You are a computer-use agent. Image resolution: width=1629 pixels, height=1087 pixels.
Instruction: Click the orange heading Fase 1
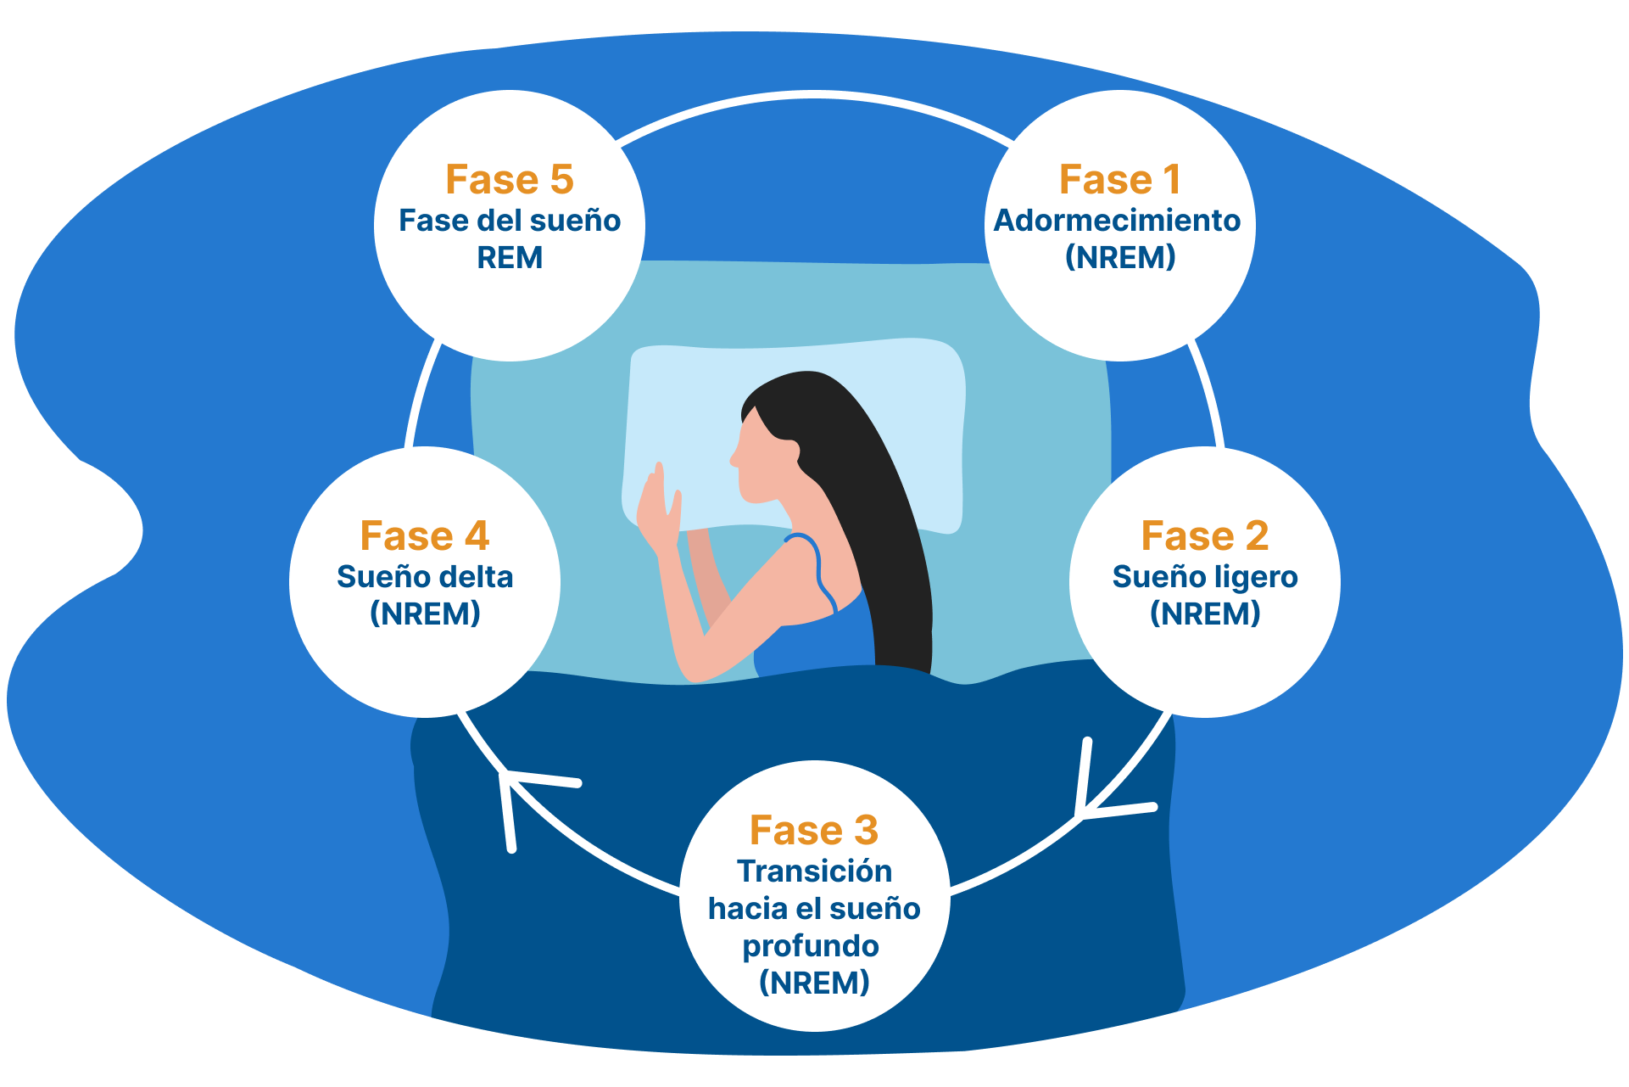pyautogui.click(x=1119, y=180)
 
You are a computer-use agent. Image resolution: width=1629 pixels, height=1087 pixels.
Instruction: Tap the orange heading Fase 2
pyautogui.click(x=1204, y=536)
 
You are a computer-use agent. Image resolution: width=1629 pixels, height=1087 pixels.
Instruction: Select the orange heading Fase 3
pyautogui.click(x=814, y=831)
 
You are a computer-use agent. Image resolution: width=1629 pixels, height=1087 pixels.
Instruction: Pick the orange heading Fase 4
pyautogui.click(x=425, y=536)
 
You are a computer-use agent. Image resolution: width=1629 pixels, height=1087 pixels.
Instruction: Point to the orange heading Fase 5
pyautogui.click(x=510, y=180)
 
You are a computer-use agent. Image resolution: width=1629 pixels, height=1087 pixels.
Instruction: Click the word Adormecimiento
pyautogui.click(x=1117, y=221)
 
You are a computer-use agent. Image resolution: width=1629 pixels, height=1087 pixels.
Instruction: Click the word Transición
pyautogui.click(x=814, y=871)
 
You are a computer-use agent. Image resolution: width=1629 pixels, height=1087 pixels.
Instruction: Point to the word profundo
pyautogui.click(x=811, y=947)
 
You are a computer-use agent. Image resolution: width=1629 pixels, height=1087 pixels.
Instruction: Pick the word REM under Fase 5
pyautogui.click(x=510, y=258)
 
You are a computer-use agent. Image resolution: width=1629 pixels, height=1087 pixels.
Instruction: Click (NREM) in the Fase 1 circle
pyautogui.click(x=1120, y=257)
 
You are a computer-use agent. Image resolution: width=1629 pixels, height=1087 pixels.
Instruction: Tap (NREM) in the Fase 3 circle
pyautogui.click(x=814, y=983)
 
